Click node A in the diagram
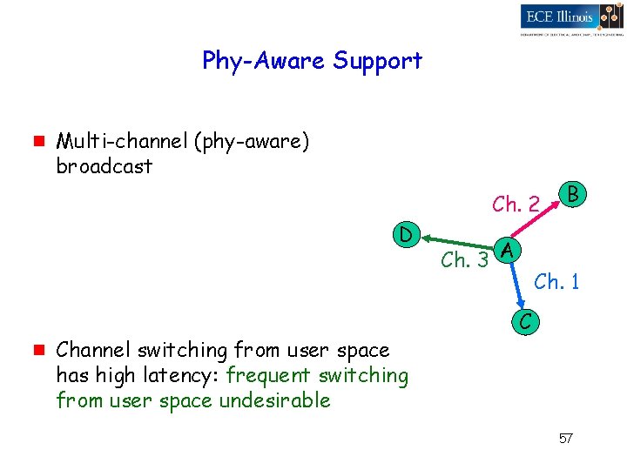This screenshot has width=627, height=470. point(509,251)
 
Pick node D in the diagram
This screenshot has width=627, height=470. point(405,234)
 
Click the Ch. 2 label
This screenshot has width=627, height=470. point(516,205)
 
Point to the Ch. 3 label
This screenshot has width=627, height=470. point(464,259)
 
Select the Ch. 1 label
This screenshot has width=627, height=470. point(556,281)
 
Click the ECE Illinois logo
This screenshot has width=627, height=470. point(570,17)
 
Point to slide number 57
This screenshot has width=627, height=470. point(565,438)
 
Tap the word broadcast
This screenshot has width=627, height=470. point(104,166)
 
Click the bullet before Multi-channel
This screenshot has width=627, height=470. point(37,141)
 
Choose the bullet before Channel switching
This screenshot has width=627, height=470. point(37,351)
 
